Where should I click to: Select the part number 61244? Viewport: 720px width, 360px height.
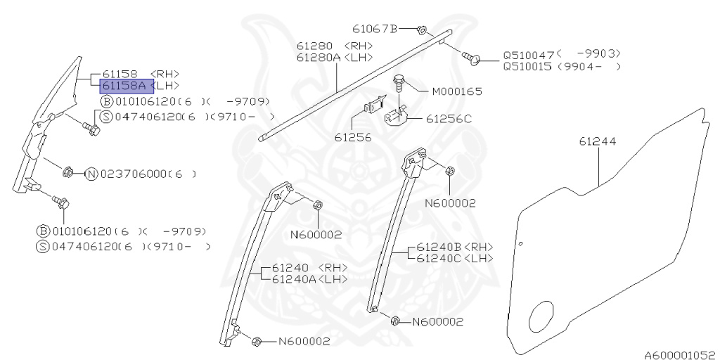coord(597,141)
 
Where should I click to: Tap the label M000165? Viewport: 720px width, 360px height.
coord(457,92)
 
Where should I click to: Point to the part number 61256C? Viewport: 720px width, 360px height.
coord(449,119)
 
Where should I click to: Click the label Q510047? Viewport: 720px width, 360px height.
coord(529,54)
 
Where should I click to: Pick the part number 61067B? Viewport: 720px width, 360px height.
coord(375,28)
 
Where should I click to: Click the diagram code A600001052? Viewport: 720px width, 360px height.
coord(682,355)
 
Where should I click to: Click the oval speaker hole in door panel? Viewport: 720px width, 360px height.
coord(541,316)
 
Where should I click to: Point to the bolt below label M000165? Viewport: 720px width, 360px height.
coord(398,83)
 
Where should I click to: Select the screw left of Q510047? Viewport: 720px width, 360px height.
coord(471,58)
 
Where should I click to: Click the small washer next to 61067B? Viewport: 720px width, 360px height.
coord(420,30)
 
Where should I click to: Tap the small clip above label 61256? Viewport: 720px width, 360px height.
coord(374,105)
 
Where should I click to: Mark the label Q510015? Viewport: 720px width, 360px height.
coord(529,67)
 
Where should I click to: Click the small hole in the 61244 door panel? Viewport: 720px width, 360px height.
coord(521,244)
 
